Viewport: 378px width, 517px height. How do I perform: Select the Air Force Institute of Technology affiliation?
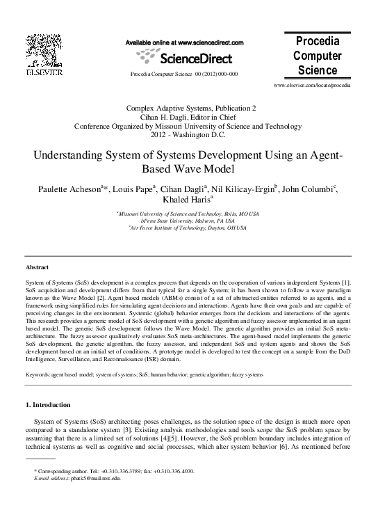(189, 228)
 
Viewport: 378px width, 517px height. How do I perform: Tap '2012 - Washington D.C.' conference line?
(188, 135)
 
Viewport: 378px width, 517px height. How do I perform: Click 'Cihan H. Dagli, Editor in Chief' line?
(188, 118)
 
